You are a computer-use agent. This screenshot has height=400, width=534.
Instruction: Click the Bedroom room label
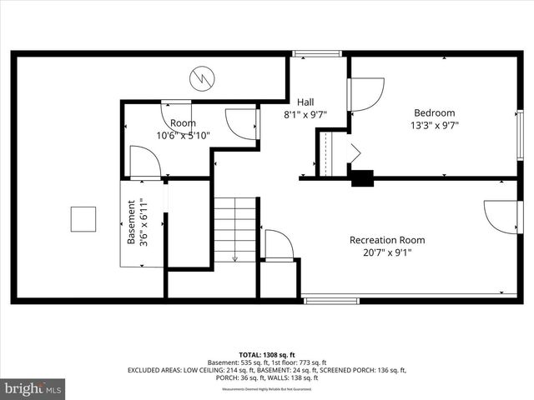pos(435,113)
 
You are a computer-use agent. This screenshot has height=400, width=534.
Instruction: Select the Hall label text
pos(305,102)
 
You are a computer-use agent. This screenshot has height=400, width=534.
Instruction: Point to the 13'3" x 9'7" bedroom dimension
pos(435,126)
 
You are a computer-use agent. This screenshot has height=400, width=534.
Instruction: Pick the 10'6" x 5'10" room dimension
pos(183,135)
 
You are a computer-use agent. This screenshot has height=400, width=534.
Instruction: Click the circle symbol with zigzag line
pos(200,78)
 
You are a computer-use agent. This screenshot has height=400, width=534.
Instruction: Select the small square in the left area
pos(83,219)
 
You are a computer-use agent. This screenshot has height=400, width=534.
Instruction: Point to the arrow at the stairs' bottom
pos(235,257)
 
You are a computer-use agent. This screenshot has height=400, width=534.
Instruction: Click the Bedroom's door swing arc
pos(368,91)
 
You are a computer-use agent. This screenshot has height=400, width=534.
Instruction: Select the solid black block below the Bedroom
pos(362,177)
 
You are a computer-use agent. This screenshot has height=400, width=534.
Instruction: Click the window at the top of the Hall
pos(317,54)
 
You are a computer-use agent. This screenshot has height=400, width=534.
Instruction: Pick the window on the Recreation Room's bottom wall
pos(330,299)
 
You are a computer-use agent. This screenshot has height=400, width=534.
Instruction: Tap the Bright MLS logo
pos(33,388)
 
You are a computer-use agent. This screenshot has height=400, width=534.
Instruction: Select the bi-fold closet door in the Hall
pos(354,153)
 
